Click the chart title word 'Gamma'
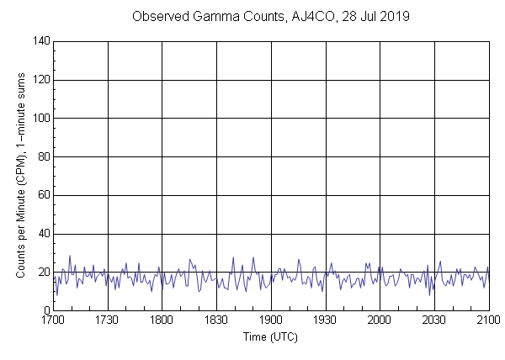(x=239, y=17)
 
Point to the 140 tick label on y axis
(x=40, y=41)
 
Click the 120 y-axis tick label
(x=40, y=80)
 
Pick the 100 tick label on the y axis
(x=40, y=119)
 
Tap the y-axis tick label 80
(x=43, y=157)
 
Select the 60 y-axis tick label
(x=43, y=196)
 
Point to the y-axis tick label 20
(x=43, y=273)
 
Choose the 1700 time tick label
(x=53, y=321)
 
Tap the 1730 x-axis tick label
(x=108, y=321)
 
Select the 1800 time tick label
(x=162, y=321)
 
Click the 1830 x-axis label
(x=216, y=321)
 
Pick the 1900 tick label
(x=271, y=321)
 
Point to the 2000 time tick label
(x=380, y=321)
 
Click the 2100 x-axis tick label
(x=488, y=321)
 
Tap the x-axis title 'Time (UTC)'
(x=270, y=337)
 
